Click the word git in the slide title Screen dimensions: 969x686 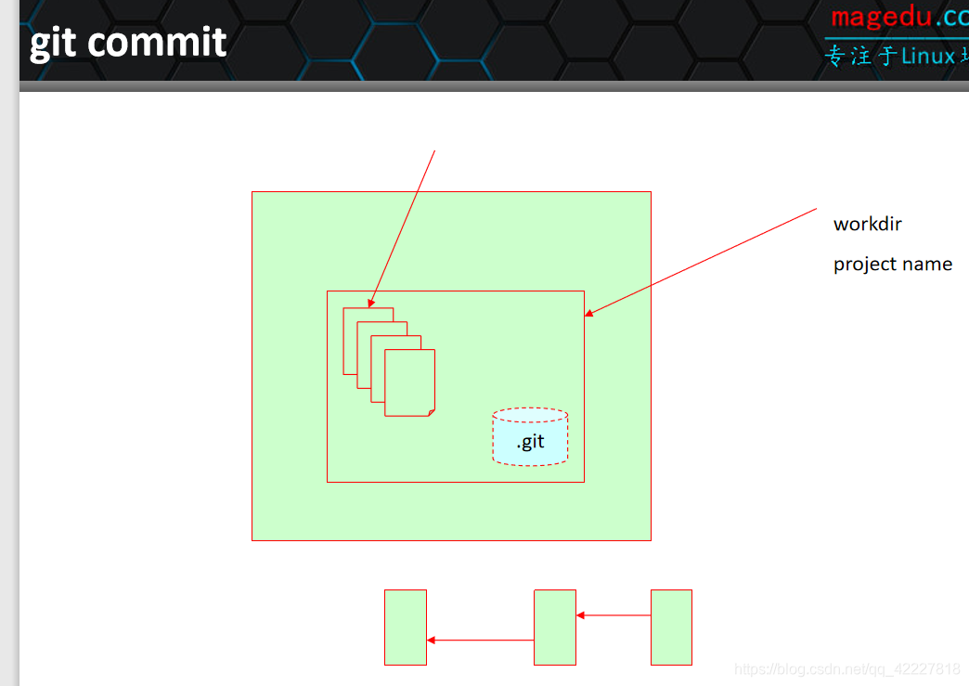pyautogui.click(x=53, y=43)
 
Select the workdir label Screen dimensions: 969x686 pyautogui.click(x=867, y=224)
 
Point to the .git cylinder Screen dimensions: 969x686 pyautogui.click(x=530, y=437)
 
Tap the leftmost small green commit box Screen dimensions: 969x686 pyautogui.click(x=406, y=628)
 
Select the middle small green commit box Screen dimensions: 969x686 pyautogui.click(x=555, y=628)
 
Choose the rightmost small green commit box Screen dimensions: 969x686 pyautogui.click(x=671, y=628)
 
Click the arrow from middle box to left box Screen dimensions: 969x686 pyautogui.click(x=481, y=640)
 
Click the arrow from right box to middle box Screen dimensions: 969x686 pyautogui.click(x=614, y=615)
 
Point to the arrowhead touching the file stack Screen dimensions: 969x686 pyautogui.click(x=371, y=303)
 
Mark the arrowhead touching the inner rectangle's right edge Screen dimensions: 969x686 pyautogui.click(x=588, y=314)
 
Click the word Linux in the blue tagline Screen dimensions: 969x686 pyautogui.click(x=927, y=56)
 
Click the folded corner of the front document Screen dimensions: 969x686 pyautogui.click(x=430, y=411)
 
